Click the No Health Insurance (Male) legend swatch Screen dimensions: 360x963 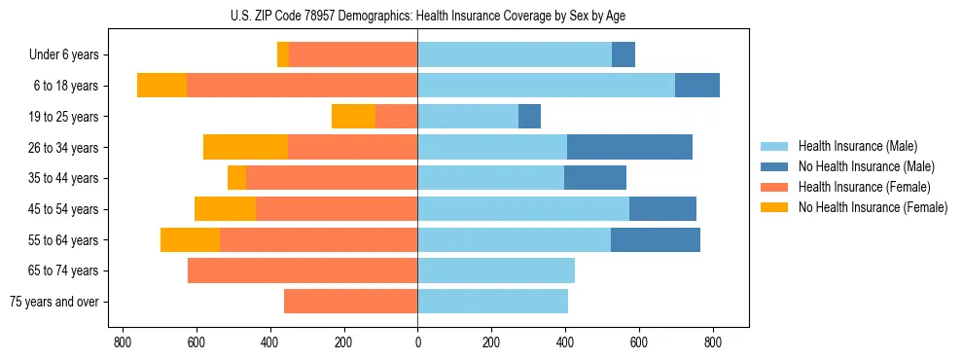(774, 166)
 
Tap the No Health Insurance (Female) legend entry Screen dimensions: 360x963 (872, 207)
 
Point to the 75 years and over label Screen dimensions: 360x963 (53, 302)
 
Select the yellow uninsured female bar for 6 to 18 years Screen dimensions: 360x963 (161, 86)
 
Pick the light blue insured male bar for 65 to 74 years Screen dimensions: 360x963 (496, 270)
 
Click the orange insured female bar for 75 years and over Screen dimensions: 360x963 (350, 302)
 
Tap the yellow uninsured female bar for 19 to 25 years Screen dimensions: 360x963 (353, 117)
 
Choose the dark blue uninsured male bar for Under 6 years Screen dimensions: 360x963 (623, 55)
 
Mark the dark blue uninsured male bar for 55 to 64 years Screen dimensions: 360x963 (655, 240)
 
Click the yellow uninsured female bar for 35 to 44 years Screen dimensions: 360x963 (236, 178)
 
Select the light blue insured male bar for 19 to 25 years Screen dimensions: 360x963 (468, 117)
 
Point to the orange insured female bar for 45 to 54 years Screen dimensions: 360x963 (337, 209)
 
